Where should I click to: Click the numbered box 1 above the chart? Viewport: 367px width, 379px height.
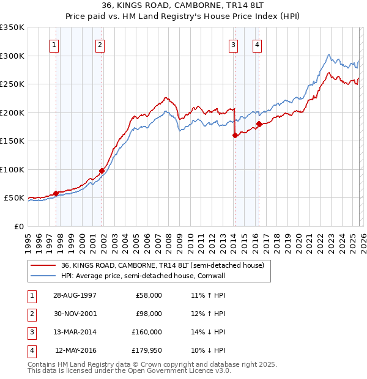54,44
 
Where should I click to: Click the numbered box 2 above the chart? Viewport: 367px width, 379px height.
100,44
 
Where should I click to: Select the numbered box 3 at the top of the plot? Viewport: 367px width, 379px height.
234,44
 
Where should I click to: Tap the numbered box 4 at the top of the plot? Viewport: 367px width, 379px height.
258,44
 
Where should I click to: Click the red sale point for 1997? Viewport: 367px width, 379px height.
56,193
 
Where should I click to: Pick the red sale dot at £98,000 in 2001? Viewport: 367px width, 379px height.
102,171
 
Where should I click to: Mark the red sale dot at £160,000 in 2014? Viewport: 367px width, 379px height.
235,136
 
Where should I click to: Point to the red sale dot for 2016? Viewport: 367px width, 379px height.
259,124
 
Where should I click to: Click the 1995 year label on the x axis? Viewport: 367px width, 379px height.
28,240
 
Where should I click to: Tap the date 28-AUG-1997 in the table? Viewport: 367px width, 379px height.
76,295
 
